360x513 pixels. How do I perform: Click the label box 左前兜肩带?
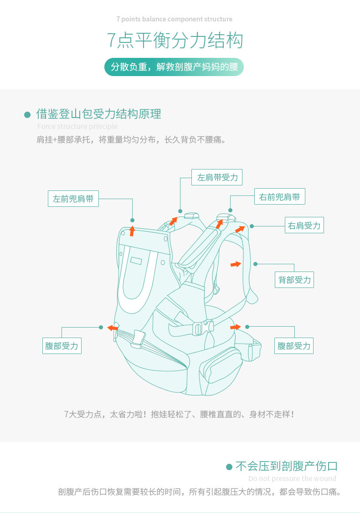[x=73, y=199]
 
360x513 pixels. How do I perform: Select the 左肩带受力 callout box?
[x=217, y=177]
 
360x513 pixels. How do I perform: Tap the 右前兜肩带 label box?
[x=279, y=197]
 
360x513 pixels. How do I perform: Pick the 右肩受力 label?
[x=304, y=225]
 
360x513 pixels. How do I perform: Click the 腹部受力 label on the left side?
[x=62, y=346]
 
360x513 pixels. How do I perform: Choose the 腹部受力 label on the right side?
[x=294, y=346]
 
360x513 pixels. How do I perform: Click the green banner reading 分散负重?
[x=175, y=67]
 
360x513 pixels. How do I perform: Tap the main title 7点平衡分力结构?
[x=175, y=41]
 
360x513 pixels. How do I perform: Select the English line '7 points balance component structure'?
[x=175, y=19]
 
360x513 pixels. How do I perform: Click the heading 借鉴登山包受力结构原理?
[x=98, y=114]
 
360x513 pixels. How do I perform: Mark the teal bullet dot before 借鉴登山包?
[x=27, y=114]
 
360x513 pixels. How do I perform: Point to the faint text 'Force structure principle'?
[x=77, y=126]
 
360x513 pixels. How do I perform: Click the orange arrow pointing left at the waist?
[x=112, y=328]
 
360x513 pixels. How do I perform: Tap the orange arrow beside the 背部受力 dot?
[x=236, y=264]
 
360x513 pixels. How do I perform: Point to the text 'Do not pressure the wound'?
[x=292, y=478]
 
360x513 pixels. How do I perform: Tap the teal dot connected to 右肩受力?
[x=252, y=226]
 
